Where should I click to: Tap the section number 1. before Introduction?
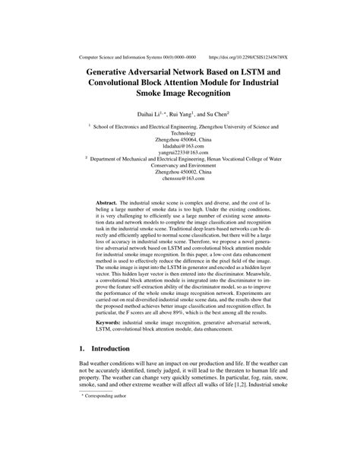coord(82,347)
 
